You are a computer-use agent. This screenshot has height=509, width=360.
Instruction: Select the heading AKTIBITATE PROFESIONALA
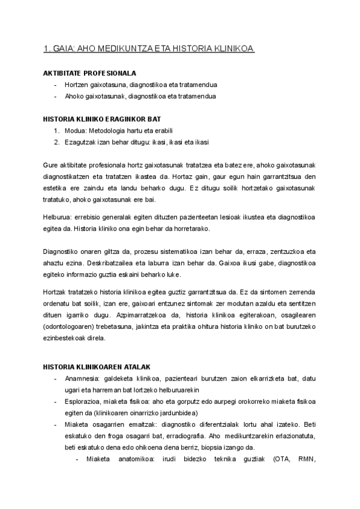point(85,73)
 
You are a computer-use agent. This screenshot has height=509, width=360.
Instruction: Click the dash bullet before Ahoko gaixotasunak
point(56,96)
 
